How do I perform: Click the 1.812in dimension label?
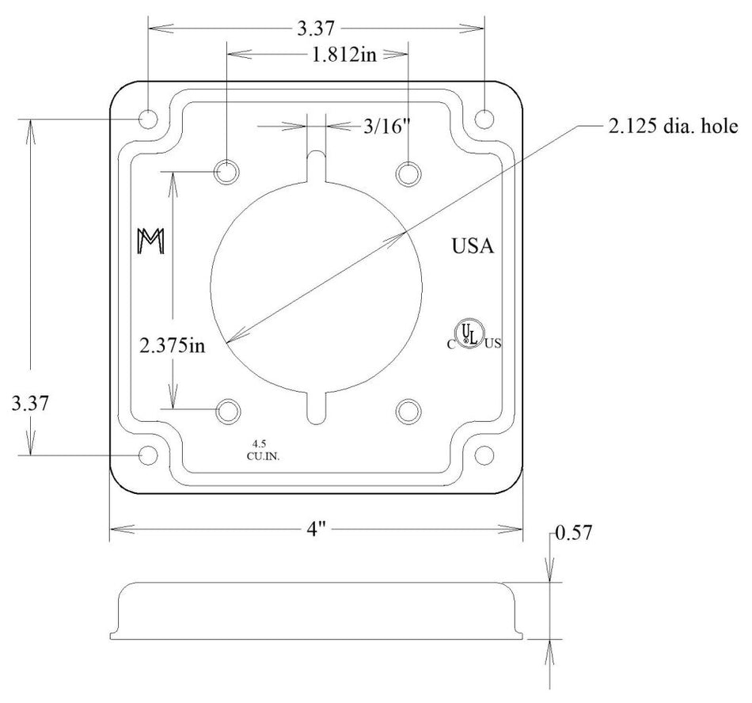344,55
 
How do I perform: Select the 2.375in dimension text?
172,345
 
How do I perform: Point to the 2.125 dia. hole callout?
673,126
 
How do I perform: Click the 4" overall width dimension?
316,530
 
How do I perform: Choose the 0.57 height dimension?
574,532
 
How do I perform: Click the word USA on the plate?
473,246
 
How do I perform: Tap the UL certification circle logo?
469,333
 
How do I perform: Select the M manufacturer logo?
151,241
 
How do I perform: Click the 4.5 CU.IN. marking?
263,450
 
